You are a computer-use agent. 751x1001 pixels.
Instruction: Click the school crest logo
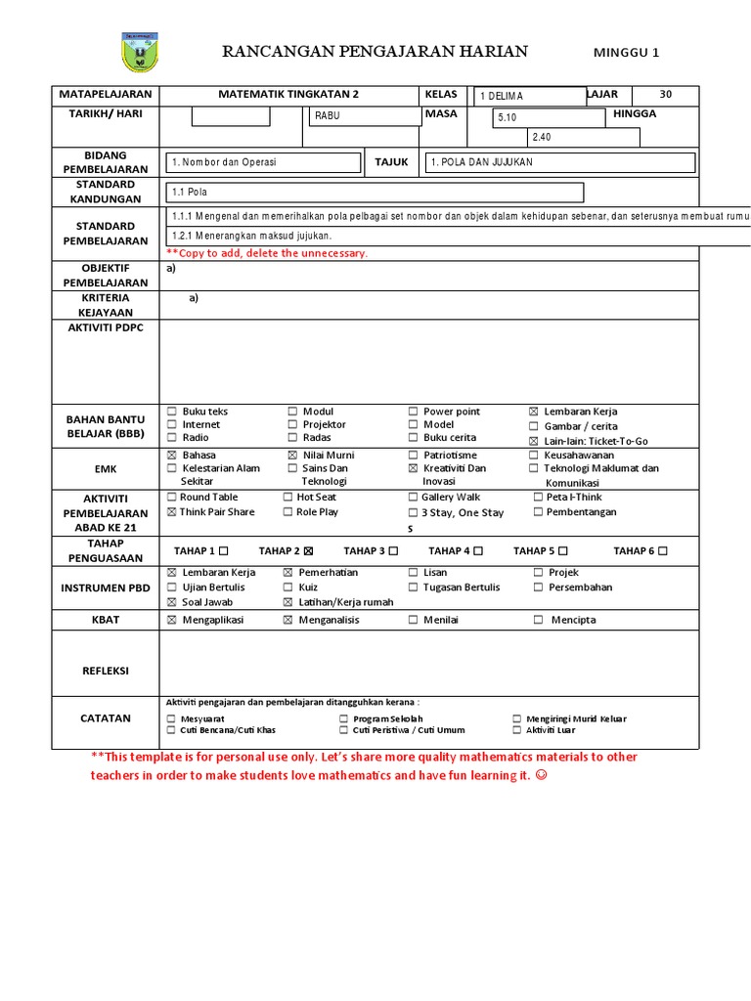coord(144,52)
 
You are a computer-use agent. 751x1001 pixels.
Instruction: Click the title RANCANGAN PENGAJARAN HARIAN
coord(375,52)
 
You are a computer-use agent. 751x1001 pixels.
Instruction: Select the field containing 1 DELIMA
coord(529,96)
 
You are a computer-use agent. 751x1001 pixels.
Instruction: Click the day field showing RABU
coord(363,116)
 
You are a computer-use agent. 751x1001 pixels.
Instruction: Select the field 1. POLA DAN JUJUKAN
coord(559,162)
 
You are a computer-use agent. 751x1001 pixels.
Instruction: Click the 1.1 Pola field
coord(375,193)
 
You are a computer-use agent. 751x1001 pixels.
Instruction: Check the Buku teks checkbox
coord(172,413)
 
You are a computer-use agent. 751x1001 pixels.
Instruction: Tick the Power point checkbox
coord(414,413)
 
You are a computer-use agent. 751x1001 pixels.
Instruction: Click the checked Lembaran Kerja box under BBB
coord(534,413)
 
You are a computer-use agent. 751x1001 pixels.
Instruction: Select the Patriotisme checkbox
coord(414,456)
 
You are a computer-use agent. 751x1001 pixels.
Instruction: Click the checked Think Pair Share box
coord(172,512)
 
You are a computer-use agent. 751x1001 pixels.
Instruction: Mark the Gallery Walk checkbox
coord(414,498)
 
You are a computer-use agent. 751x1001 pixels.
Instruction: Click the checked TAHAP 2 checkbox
coord(309,551)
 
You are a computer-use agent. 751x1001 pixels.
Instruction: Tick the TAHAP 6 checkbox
coord(663,551)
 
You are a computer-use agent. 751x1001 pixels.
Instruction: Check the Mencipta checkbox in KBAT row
coord(539,620)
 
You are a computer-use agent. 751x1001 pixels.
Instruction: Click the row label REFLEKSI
coord(106,671)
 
